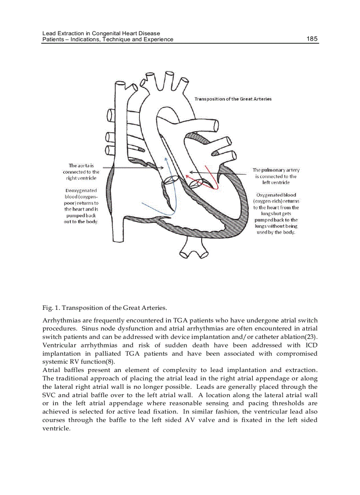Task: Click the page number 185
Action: coord(312,39)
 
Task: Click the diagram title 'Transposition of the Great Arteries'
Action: coord(233,99)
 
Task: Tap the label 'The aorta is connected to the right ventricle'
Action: coord(81,171)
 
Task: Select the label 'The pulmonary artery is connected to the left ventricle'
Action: coord(276,176)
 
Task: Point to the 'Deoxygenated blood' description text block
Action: coord(81,206)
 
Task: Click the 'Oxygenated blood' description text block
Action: coord(276,213)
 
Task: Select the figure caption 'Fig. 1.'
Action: coord(50,307)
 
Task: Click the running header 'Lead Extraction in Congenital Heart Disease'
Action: coord(101,33)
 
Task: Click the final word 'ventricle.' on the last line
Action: coord(56,428)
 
